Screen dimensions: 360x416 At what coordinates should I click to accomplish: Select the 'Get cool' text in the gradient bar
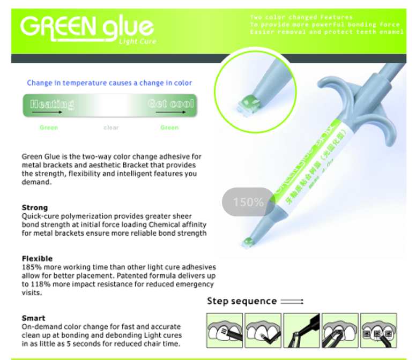click(x=170, y=103)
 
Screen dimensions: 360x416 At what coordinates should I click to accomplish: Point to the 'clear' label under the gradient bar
click(x=111, y=127)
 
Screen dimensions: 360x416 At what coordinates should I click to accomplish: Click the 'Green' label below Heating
click(x=49, y=127)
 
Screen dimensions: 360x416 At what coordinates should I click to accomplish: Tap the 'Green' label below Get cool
click(x=169, y=127)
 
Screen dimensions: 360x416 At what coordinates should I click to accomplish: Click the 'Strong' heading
click(x=35, y=207)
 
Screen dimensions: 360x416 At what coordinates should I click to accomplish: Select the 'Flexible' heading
click(x=38, y=258)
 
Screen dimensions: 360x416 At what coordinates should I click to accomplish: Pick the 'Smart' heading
click(x=33, y=318)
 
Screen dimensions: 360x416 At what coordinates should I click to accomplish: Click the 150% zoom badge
click(x=248, y=202)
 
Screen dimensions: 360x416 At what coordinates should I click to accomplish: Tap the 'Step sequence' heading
click(x=242, y=301)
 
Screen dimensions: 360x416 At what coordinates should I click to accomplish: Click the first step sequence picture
click(x=225, y=330)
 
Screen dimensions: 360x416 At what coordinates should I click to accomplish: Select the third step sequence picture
click(x=301, y=330)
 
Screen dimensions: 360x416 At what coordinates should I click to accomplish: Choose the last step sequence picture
click(x=378, y=330)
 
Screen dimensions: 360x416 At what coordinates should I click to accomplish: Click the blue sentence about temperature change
click(x=109, y=83)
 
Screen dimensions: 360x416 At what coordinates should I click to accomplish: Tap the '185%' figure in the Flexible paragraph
click(x=31, y=267)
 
